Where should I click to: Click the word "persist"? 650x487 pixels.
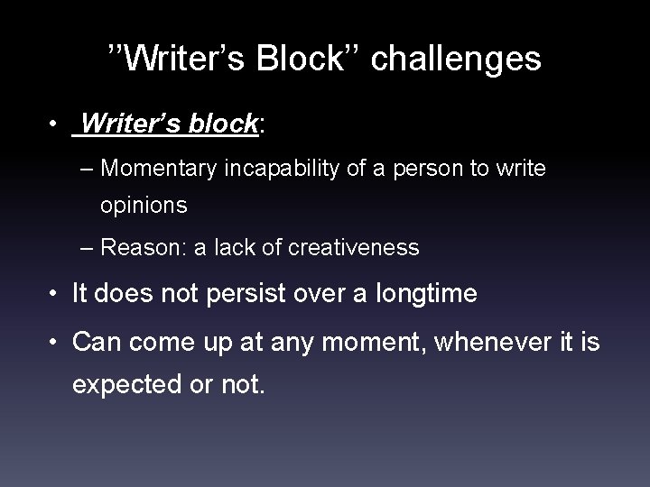point(246,294)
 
